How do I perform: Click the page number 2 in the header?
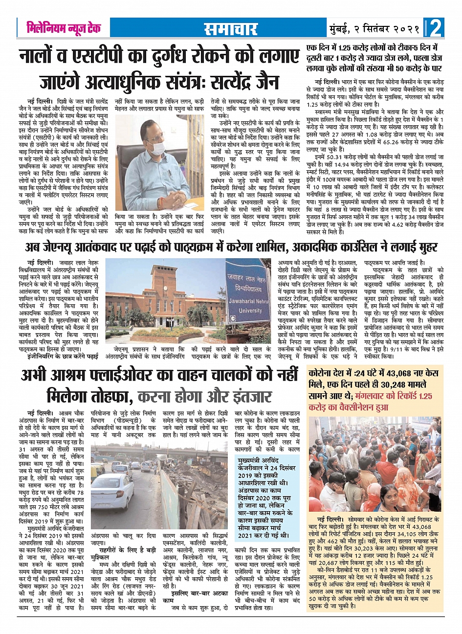click(436, 28)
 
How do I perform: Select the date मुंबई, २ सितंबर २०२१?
click(374, 29)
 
